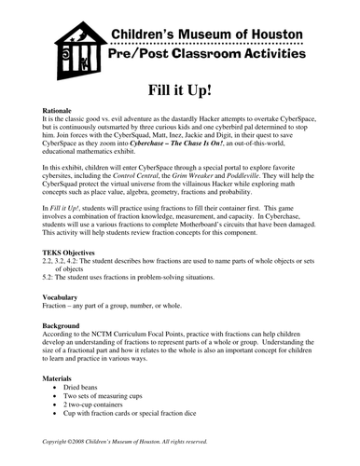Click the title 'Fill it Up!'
tap(179, 91)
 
